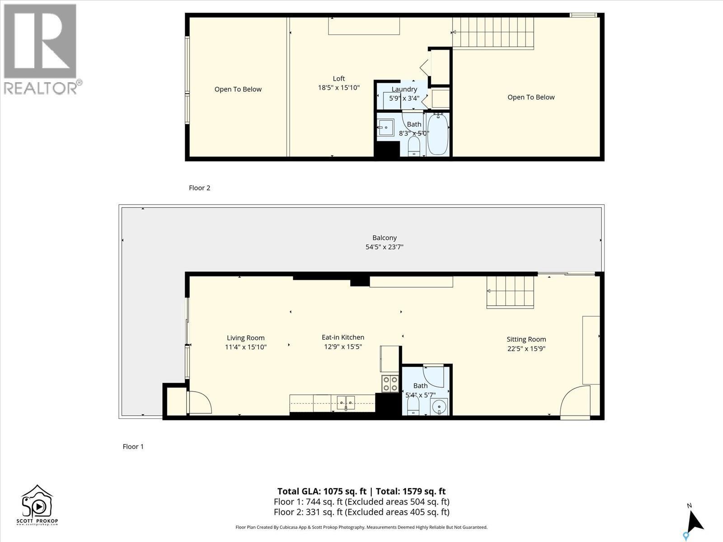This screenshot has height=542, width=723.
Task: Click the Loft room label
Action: click(x=338, y=79)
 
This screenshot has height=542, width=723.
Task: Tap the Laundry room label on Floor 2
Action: click(x=404, y=89)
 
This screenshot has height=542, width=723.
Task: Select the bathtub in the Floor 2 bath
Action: click(x=437, y=134)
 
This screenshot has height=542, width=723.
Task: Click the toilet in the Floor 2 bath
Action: click(x=414, y=146)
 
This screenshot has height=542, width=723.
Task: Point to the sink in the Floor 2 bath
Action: click(x=385, y=128)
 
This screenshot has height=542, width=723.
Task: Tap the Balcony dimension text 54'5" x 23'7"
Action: click(x=384, y=247)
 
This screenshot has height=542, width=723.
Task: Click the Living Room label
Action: click(x=245, y=338)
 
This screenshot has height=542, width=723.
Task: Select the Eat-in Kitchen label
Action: click(x=343, y=337)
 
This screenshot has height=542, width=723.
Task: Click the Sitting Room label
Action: click(x=526, y=339)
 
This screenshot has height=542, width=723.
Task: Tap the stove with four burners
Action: click(x=390, y=383)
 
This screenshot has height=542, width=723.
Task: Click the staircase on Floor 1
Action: click(x=510, y=292)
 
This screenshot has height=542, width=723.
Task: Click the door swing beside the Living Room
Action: click(x=199, y=402)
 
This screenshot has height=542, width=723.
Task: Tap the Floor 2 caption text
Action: click(x=199, y=188)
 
